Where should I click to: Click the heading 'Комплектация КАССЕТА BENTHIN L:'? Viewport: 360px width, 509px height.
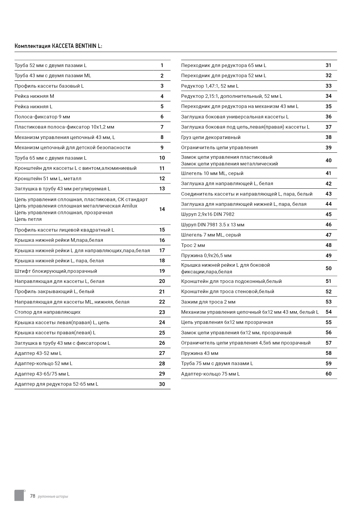(x=58, y=46)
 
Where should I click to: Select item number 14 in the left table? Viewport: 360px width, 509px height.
(x=162, y=209)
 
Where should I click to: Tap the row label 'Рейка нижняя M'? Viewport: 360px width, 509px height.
(x=34, y=96)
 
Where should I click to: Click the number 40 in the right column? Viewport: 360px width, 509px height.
(x=328, y=160)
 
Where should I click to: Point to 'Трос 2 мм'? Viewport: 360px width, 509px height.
(x=193, y=246)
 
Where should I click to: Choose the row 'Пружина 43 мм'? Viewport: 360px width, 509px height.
(x=200, y=353)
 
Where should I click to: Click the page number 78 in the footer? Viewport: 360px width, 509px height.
(x=33, y=496)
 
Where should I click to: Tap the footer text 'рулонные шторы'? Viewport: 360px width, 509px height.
(x=53, y=497)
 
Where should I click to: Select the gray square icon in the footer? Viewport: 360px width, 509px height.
(x=19, y=495)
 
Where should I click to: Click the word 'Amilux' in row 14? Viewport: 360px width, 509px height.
(x=129, y=206)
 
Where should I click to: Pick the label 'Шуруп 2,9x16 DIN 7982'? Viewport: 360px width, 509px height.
(x=208, y=214)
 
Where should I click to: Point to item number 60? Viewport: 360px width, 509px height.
(x=328, y=374)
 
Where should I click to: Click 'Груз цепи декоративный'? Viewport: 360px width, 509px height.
(x=211, y=138)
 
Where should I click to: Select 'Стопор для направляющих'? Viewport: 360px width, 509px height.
(x=48, y=312)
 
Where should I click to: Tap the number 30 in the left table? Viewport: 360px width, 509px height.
(x=162, y=384)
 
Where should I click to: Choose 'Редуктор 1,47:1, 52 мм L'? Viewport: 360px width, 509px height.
(x=210, y=86)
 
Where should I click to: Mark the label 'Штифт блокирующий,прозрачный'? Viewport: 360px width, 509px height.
(x=56, y=271)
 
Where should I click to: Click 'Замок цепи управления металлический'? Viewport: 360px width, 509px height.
(x=229, y=164)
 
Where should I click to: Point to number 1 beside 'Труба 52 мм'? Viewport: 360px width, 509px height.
(x=162, y=66)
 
